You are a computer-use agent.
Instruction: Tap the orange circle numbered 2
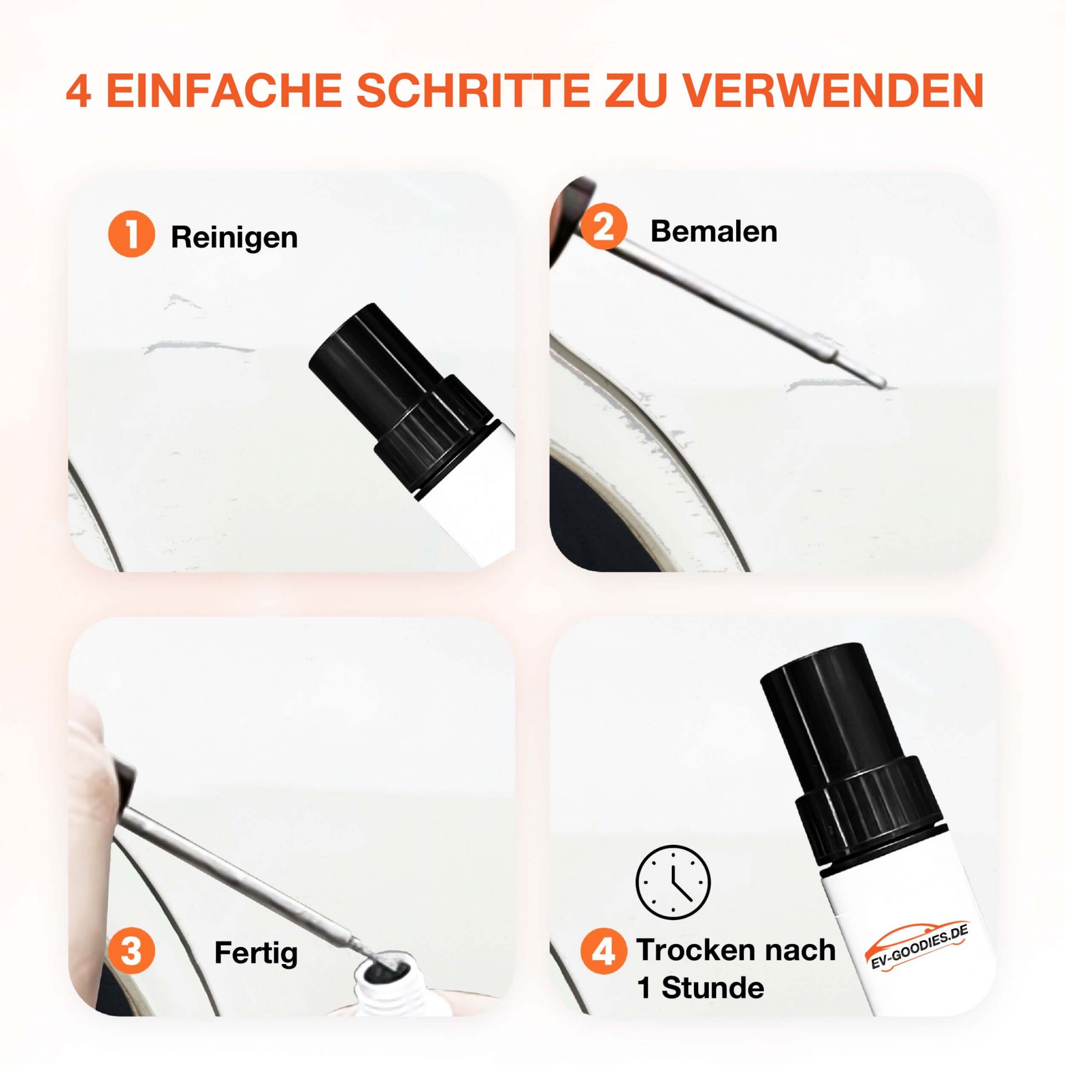coord(603,228)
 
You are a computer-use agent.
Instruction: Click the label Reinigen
coord(234,238)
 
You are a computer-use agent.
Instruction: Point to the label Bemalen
coord(713,231)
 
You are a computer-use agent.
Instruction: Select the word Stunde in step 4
coord(713,988)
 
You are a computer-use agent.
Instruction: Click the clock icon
coord(673,882)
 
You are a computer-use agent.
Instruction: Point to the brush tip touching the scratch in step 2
coord(880,383)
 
